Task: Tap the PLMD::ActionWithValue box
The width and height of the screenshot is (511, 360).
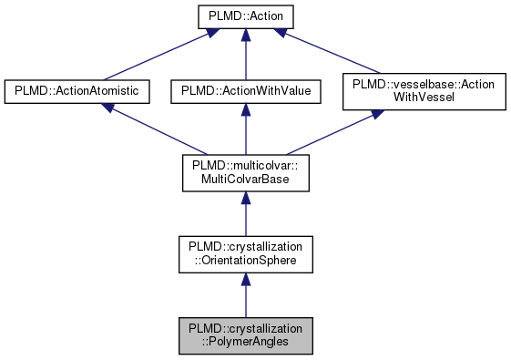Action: coord(244,91)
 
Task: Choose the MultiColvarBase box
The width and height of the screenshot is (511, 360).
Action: coord(244,173)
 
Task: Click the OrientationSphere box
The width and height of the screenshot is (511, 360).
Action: coord(244,254)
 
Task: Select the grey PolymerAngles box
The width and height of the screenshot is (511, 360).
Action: coord(244,335)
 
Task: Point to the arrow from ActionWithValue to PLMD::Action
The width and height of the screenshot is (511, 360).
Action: coord(246,55)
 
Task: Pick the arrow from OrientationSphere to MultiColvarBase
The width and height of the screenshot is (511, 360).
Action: coord(244,214)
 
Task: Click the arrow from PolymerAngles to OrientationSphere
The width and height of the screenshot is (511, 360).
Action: coord(244,295)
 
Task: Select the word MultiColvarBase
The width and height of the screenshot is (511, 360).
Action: coord(244,180)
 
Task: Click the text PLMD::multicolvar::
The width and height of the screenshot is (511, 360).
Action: coord(244,166)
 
